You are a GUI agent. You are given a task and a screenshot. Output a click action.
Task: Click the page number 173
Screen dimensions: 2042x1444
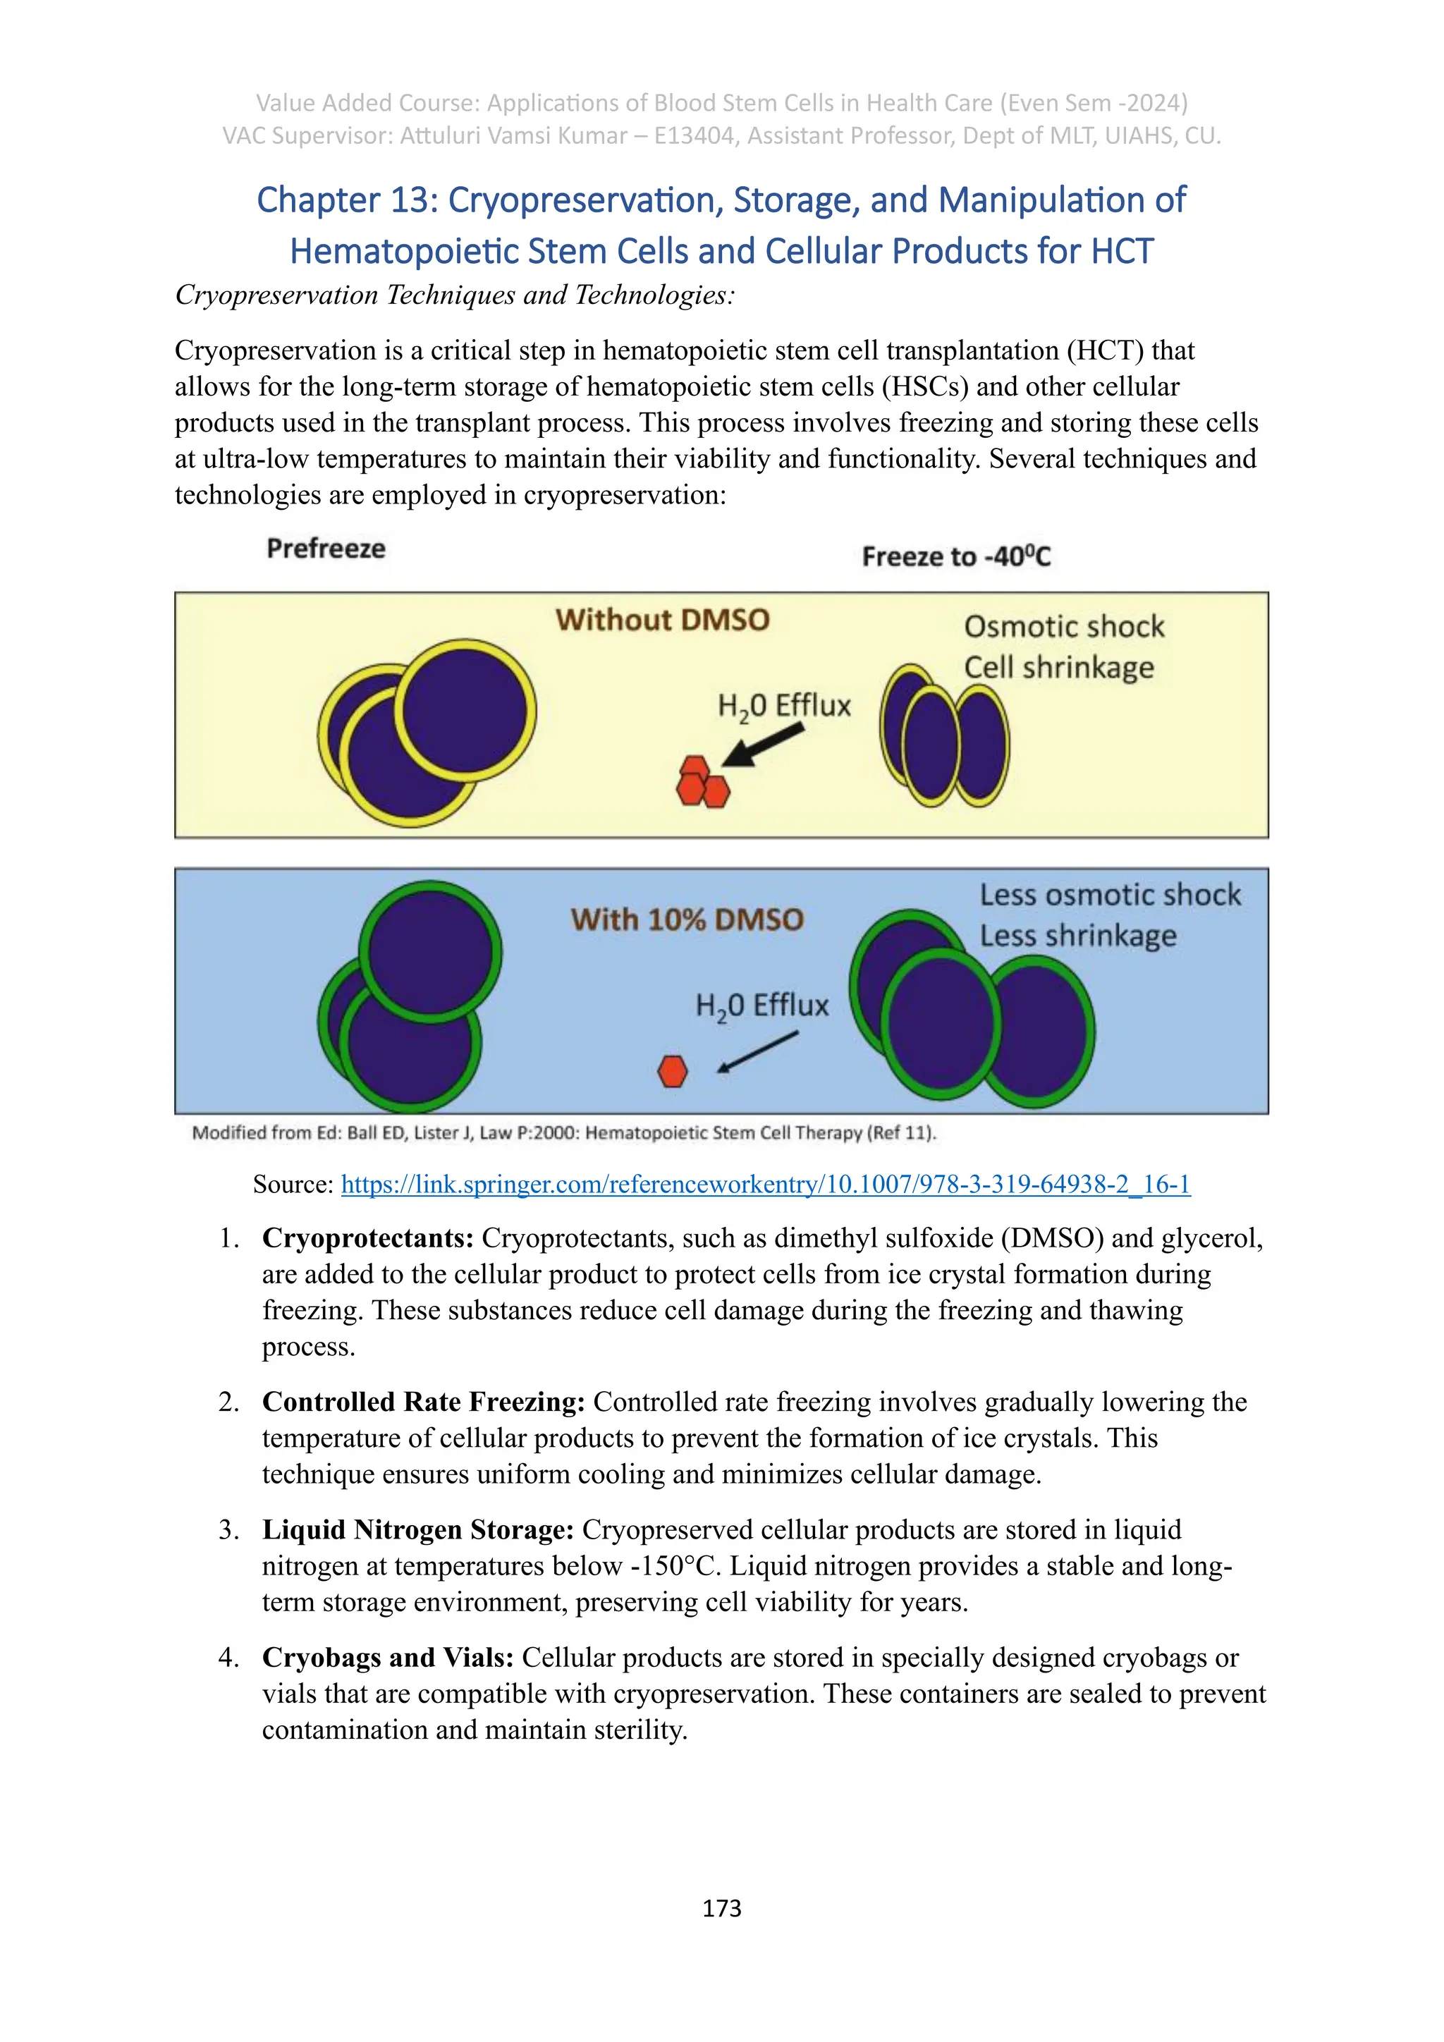(721, 1908)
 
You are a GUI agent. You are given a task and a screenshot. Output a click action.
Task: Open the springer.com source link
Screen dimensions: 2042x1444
(766, 1184)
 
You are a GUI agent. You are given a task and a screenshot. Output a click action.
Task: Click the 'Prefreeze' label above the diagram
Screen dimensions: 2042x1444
(326, 548)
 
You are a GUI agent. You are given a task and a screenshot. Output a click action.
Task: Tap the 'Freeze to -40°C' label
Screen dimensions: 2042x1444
(956, 557)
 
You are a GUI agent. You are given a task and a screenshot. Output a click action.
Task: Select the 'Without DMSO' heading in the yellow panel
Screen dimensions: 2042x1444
(663, 619)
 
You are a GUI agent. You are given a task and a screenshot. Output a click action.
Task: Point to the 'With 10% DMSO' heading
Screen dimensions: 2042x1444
(687, 919)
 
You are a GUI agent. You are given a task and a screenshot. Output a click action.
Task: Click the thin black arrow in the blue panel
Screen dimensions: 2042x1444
(757, 1051)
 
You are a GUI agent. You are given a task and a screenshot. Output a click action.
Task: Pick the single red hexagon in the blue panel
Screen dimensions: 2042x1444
(672, 1071)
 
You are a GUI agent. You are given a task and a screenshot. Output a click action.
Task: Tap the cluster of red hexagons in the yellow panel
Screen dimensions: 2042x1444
(702, 783)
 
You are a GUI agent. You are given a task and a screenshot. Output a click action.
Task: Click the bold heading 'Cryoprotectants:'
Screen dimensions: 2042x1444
(367, 1238)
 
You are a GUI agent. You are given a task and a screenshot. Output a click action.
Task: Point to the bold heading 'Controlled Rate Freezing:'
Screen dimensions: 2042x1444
(423, 1402)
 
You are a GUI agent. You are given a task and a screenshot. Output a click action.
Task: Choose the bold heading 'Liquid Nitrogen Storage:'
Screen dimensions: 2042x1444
(418, 1529)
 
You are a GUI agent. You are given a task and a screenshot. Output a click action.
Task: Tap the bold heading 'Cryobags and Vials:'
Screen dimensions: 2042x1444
(388, 1658)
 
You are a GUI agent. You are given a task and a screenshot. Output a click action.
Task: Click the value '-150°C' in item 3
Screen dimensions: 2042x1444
(673, 1566)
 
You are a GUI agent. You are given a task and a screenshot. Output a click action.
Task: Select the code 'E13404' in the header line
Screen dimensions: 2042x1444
(691, 136)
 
